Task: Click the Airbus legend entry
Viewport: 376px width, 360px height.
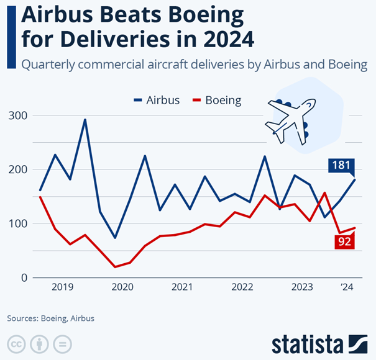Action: tap(157, 100)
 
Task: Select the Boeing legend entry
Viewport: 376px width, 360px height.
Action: tap(217, 100)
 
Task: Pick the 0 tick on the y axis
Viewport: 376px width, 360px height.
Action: tap(23, 277)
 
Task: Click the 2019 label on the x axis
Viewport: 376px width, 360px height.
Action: tap(63, 287)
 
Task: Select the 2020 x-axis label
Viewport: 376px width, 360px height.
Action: tap(122, 287)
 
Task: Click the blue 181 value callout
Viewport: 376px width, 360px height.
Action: tap(341, 166)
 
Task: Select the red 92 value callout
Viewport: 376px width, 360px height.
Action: tap(344, 242)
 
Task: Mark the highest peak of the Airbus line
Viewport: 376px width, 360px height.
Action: tap(85, 120)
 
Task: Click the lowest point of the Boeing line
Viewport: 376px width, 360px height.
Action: tap(115, 267)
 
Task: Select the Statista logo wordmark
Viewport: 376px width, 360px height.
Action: tap(307, 343)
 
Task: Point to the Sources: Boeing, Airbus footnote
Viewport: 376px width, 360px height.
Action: tap(51, 318)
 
